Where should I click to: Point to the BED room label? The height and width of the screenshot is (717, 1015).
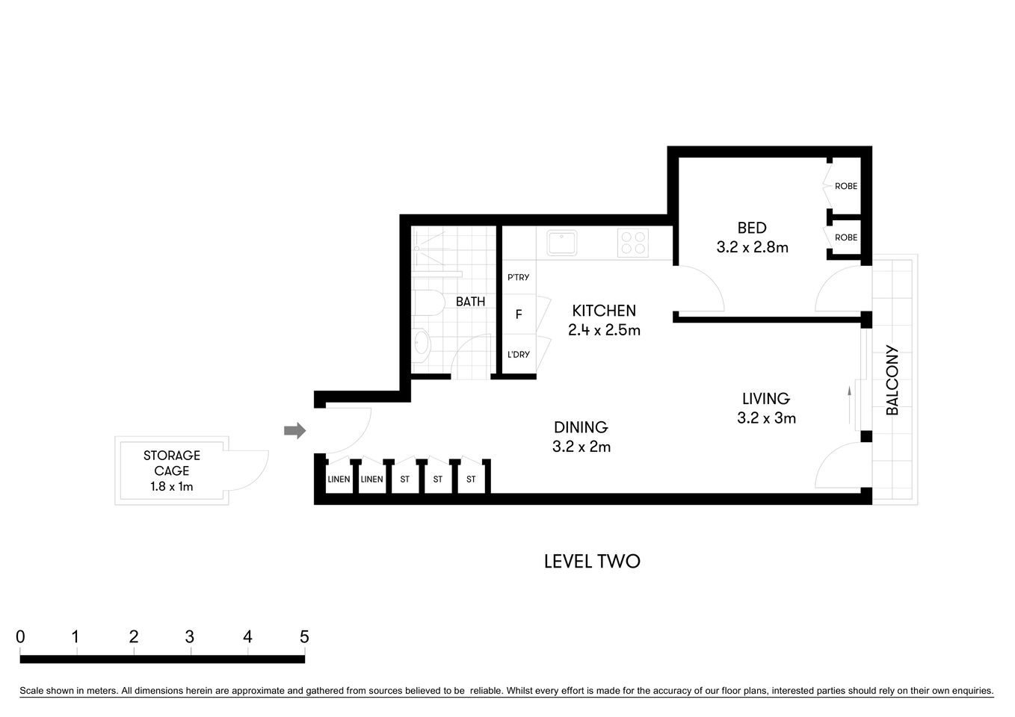[752, 228]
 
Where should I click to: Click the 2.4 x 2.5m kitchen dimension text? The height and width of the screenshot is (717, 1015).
[604, 330]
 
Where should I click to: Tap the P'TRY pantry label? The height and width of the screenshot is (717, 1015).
[518, 277]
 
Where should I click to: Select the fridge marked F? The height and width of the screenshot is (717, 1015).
[519, 314]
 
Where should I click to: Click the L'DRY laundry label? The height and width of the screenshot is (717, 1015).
[518, 354]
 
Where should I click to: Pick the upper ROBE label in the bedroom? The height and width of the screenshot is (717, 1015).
[846, 186]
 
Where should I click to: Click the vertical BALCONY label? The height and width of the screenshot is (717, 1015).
[892, 379]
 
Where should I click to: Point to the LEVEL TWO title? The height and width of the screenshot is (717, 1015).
[592, 562]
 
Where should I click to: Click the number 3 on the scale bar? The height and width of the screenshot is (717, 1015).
[190, 637]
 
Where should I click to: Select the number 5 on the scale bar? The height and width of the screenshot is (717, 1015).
[304, 637]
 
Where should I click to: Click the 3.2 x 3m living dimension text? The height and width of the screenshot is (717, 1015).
[766, 418]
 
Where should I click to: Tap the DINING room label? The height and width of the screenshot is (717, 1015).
[581, 427]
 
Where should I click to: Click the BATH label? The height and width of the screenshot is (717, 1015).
[470, 302]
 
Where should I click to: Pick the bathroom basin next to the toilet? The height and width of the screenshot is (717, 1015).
[422, 343]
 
